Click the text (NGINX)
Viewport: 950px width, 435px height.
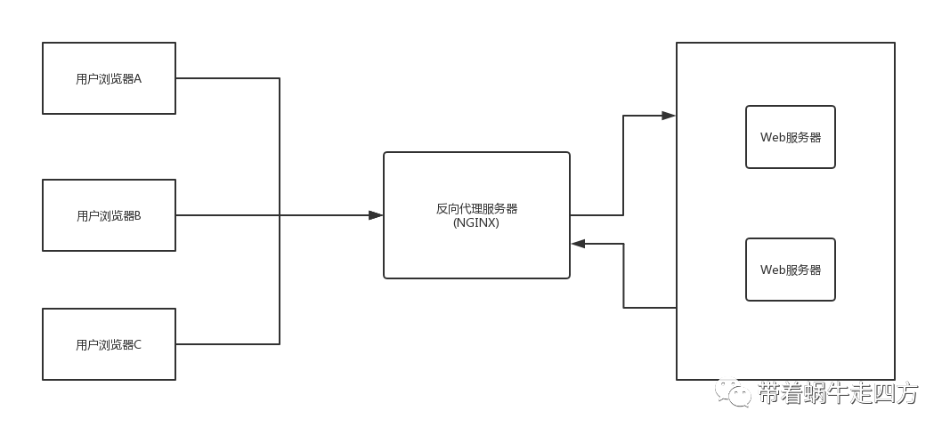[475, 223]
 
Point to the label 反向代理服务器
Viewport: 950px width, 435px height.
[476, 209]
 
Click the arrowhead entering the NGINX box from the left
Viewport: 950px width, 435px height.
[376, 215]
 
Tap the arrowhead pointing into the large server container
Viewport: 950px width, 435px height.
[668, 115]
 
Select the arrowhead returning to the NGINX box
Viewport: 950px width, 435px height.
[578, 243]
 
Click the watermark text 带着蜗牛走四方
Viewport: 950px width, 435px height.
[837, 392]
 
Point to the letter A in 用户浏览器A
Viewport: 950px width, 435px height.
[138, 78]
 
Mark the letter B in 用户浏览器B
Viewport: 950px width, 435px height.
[138, 215]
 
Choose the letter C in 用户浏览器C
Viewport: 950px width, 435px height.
[138, 344]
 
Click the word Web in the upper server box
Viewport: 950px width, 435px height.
[772, 138]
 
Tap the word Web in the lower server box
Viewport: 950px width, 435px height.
[772, 270]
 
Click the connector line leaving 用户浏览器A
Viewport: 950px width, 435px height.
[228, 78]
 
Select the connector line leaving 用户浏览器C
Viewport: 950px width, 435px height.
[228, 344]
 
